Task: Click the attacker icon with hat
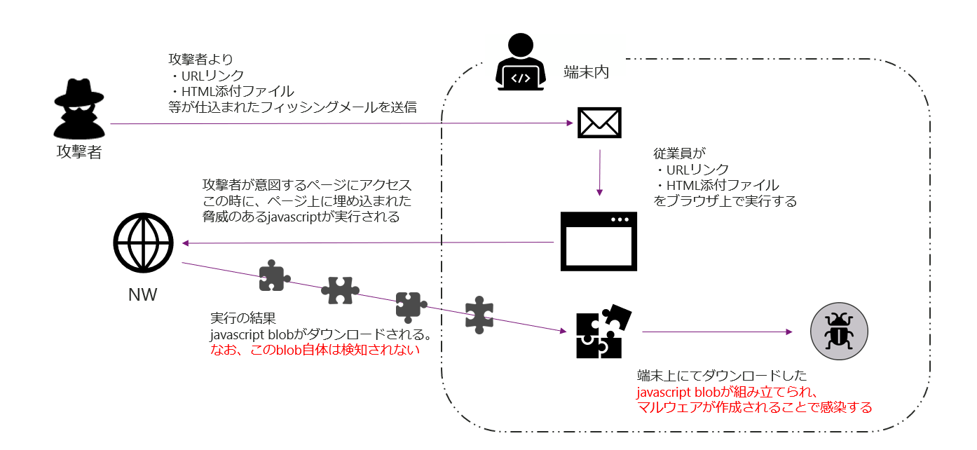click(79, 109)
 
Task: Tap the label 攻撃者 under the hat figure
click(79, 152)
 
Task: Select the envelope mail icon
click(599, 123)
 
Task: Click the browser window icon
click(599, 241)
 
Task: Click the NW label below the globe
click(142, 295)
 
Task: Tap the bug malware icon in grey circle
click(838, 331)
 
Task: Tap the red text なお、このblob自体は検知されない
click(315, 350)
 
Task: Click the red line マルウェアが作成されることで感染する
click(754, 407)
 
